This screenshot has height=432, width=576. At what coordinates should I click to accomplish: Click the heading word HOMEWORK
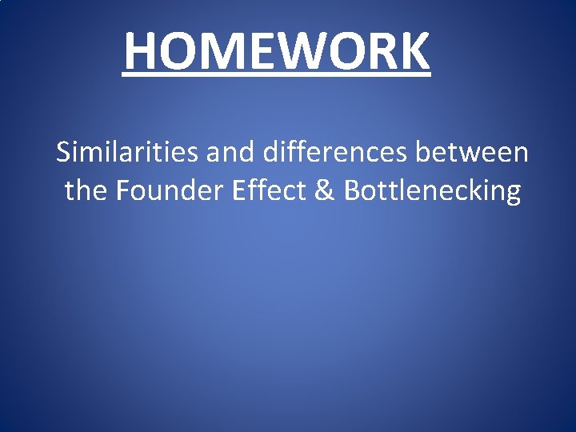pos(277,51)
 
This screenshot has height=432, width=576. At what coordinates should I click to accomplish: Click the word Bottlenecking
pos(433,192)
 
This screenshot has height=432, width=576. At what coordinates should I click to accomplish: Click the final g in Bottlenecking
pos(512,194)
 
